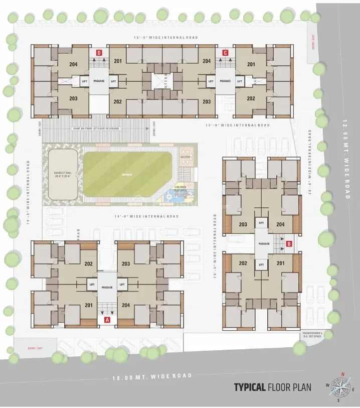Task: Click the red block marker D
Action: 99,52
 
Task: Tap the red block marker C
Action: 226,52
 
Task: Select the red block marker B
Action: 289,244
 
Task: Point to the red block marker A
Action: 106,319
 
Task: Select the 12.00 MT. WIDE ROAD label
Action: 345,159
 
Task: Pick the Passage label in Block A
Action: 107,288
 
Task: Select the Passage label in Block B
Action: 264,243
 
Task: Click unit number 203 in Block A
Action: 126,263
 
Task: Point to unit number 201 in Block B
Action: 280,263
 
